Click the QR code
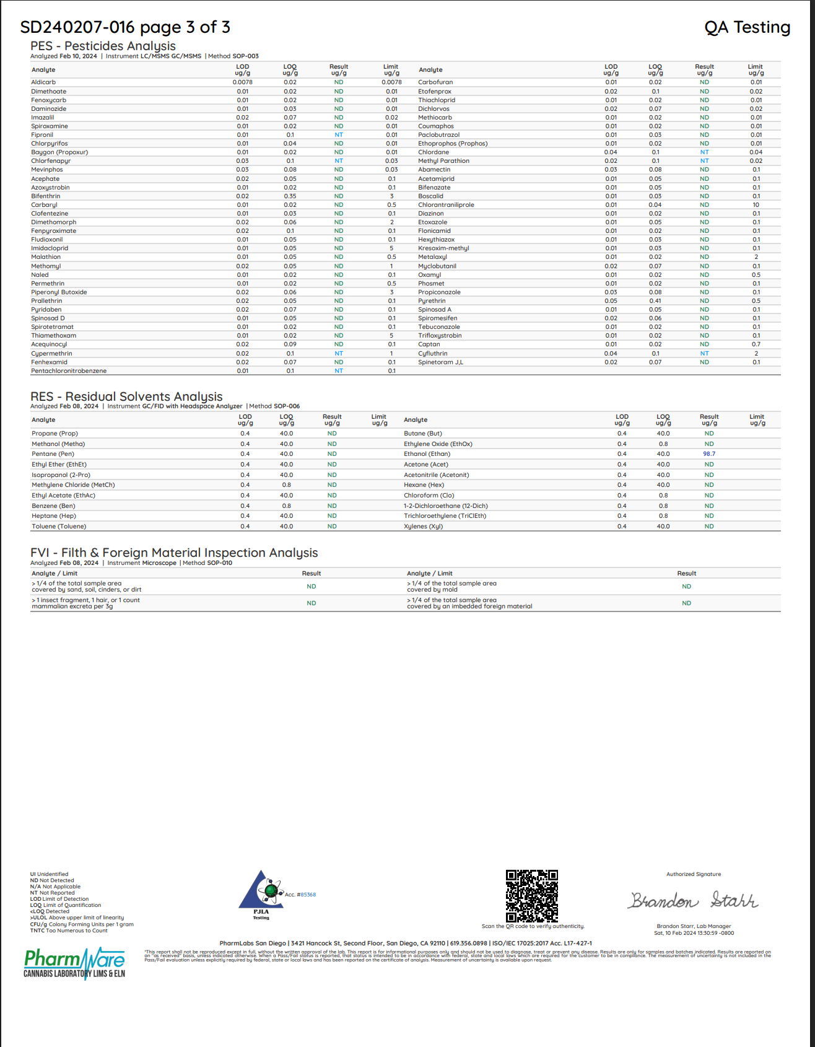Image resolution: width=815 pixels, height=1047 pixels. pyautogui.click(x=531, y=895)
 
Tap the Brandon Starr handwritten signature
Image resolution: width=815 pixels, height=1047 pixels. pyautogui.click(x=694, y=900)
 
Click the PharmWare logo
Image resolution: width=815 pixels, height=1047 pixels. pyautogui.click(x=74, y=963)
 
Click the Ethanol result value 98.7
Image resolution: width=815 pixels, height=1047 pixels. pyautogui.click(x=709, y=454)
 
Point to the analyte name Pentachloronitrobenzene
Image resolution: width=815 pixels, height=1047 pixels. pyautogui.click(x=69, y=371)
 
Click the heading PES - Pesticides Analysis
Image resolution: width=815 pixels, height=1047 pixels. pyautogui.click(x=103, y=46)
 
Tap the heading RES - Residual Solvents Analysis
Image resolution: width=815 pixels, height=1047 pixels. pyautogui.click(x=126, y=396)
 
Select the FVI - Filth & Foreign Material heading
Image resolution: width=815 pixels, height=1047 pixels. pyautogui.click(x=174, y=553)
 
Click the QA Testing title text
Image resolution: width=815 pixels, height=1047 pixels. pyautogui.click(x=747, y=27)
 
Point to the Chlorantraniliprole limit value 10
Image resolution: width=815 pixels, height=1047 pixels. pyautogui.click(x=756, y=205)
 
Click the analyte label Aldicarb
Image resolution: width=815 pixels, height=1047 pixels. pyautogui.click(x=43, y=82)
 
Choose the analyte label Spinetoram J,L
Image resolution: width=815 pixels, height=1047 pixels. pyautogui.click(x=440, y=362)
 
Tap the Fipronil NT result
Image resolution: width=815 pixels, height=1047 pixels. pyautogui.click(x=339, y=135)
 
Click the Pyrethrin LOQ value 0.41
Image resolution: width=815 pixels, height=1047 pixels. pyautogui.click(x=655, y=301)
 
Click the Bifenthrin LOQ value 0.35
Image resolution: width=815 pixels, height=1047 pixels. pyautogui.click(x=290, y=196)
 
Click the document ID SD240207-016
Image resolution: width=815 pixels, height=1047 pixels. pyautogui.click(x=77, y=27)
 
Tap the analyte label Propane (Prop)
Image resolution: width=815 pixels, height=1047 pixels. pyautogui.click(x=54, y=434)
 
